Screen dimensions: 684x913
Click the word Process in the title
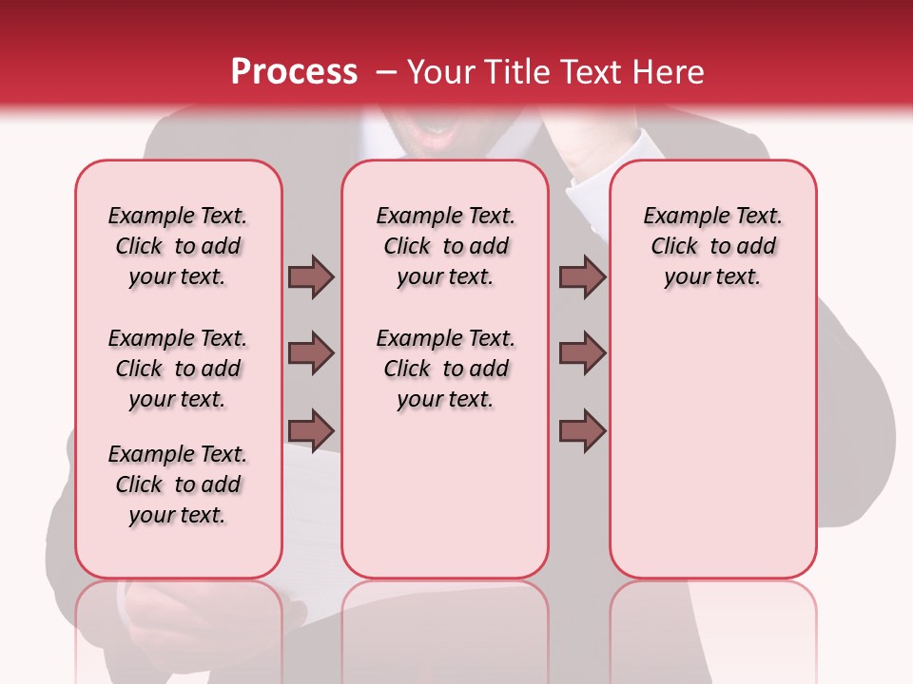tap(294, 72)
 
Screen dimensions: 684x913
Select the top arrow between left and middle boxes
tap(311, 276)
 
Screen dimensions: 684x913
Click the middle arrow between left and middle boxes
tap(311, 353)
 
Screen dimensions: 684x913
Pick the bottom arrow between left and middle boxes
tap(311, 430)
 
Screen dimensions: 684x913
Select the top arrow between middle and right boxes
tap(582, 276)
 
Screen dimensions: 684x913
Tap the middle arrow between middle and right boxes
tap(582, 353)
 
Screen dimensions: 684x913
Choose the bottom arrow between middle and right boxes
tap(582, 430)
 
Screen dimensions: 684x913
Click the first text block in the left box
tap(178, 246)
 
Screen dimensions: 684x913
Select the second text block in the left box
tap(178, 369)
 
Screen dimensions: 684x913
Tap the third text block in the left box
tap(178, 484)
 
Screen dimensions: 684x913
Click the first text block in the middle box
tap(445, 246)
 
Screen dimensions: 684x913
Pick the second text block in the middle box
tap(445, 369)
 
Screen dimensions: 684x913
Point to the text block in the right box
tap(712, 246)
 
